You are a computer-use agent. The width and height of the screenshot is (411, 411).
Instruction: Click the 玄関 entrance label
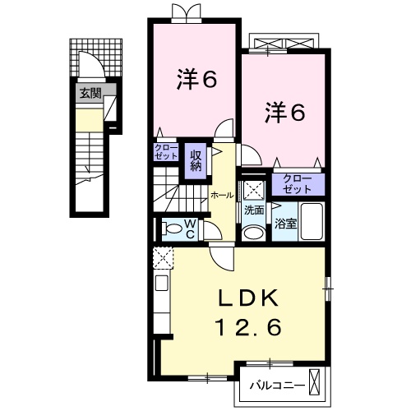click(x=90, y=93)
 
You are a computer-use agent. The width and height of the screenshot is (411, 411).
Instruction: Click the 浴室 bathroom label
click(x=284, y=224)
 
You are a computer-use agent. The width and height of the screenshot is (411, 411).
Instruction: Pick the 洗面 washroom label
click(x=253, y=210)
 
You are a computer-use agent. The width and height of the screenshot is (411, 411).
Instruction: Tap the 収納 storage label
click(x=196, y=157)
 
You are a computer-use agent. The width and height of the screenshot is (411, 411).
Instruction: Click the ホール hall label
click(x=220, y=195)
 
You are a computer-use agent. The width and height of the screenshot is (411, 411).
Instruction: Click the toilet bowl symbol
click(x=169, y=229)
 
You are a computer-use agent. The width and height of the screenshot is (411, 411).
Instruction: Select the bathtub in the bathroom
click(x=312, y=220)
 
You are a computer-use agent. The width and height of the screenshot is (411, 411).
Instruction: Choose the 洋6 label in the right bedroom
click(x=284, y=112)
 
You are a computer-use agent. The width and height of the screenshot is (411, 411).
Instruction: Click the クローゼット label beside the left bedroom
click(x=164, y=151)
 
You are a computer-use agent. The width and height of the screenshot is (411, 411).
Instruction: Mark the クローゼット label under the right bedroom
click(x=297, y=183)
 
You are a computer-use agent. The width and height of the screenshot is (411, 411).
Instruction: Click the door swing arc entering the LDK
click(x=220, y=256)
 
